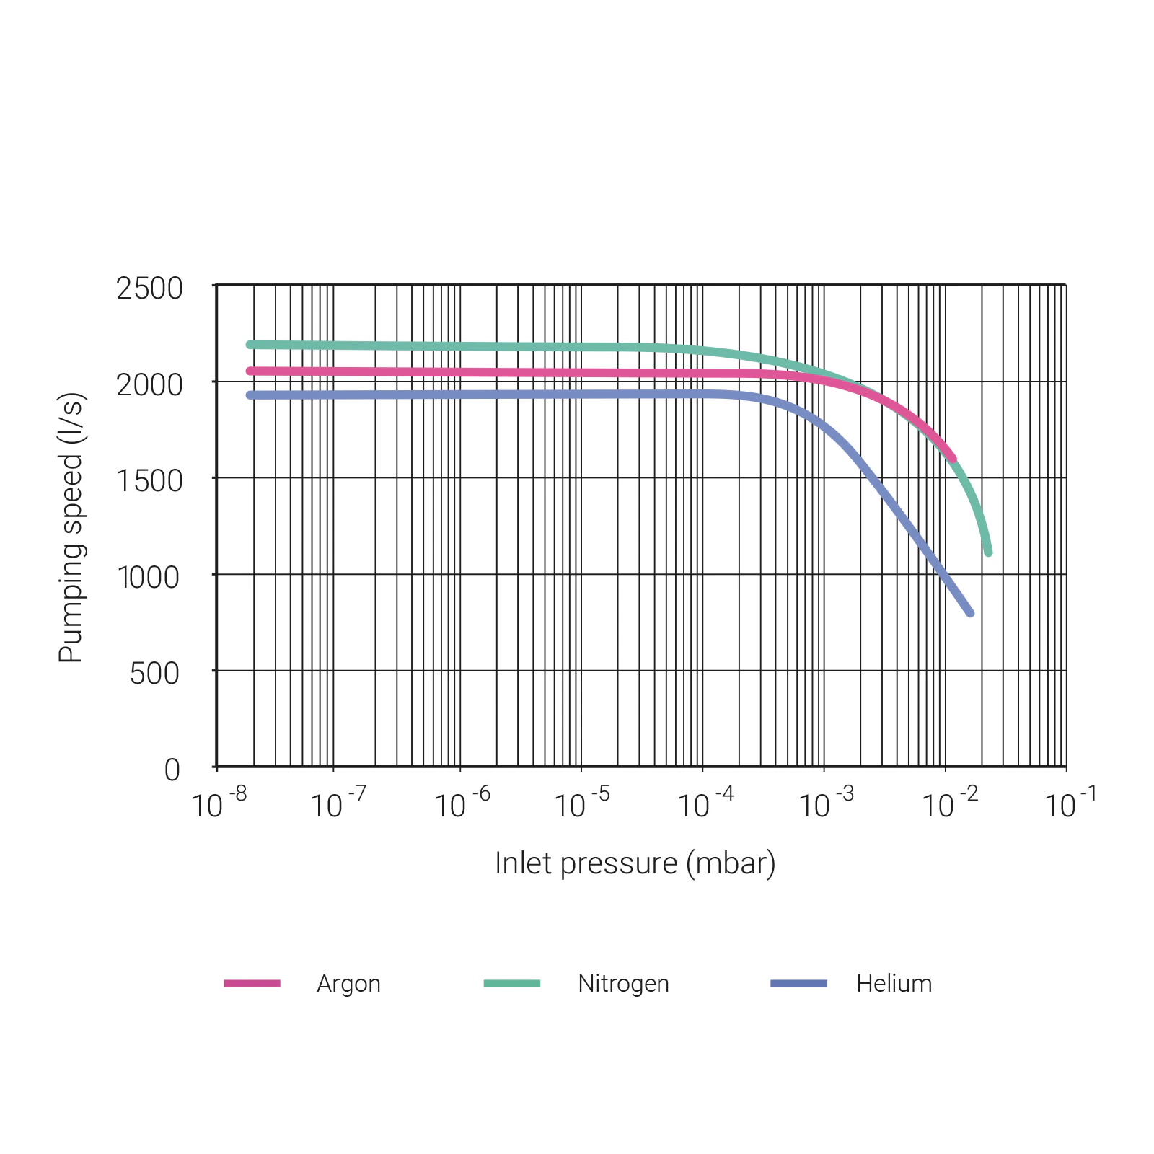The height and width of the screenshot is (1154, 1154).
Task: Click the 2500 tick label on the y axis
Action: click(x=149, y=288)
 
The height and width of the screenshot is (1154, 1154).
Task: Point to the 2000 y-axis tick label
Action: click(x=149, y=385)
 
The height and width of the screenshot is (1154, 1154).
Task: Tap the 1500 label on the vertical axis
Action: click(x=149, y=481)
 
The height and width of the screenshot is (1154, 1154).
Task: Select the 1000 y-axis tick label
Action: click(x=149, y=578)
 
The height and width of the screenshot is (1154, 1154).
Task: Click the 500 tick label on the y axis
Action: click(x=154, y=674)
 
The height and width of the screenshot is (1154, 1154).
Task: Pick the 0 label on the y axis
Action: click(x=172, y=770)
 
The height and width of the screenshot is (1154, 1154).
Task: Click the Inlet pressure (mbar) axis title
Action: click(x=635, y=863)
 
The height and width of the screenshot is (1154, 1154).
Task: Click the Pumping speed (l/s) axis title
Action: click(x=71, y=527)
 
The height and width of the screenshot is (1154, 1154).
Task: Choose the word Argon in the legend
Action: click(x=348, y=984)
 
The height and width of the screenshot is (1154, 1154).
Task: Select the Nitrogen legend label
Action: click(x=623, y=984)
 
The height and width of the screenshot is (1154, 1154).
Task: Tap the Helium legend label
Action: click(x=894, y=984)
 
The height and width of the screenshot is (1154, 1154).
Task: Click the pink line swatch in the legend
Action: click(x=252, y=983)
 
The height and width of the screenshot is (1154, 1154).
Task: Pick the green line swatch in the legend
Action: click(x=512, y=983)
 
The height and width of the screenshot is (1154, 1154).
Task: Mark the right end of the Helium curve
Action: click(x=970, y=613)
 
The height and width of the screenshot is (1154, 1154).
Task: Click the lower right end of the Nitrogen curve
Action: click(x=988, y=552)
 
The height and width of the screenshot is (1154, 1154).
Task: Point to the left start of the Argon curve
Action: click(x=250, y=371)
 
